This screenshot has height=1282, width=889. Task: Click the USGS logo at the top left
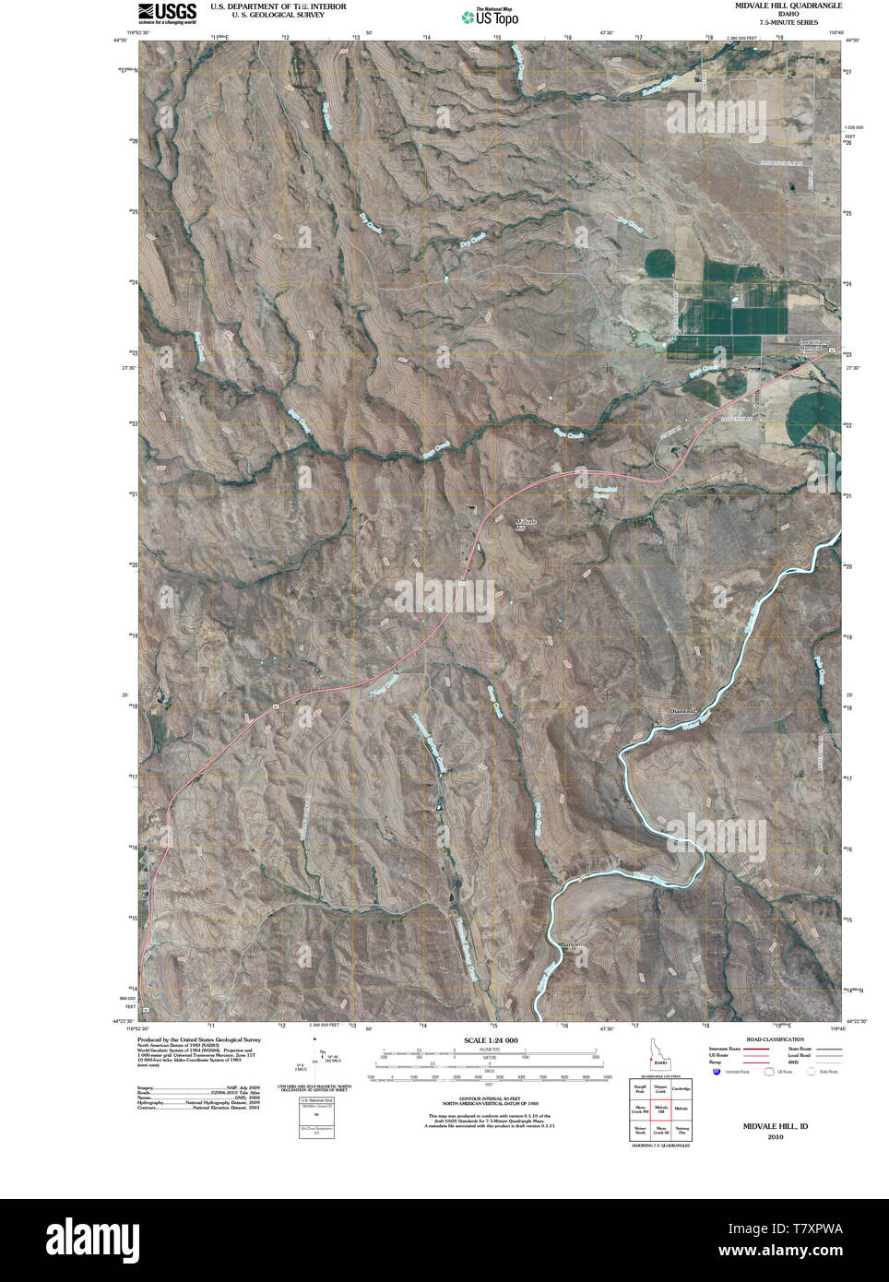pos(167,12)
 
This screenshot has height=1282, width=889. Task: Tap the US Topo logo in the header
pos(490,16)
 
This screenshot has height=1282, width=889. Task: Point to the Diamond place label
pos(682,712)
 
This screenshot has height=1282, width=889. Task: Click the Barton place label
pos(572,945)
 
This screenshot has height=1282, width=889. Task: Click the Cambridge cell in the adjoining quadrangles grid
pos(681,1088)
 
